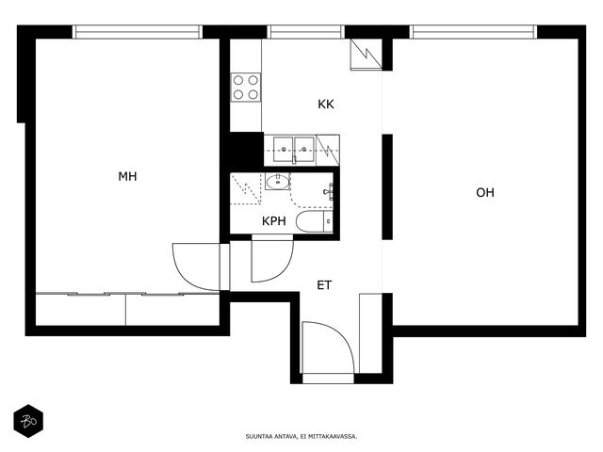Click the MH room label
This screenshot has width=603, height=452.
[127, 176]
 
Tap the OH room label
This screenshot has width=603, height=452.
[485, 192]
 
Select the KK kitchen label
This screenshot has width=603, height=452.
[326, 105]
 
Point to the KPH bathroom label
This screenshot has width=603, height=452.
[274, 221]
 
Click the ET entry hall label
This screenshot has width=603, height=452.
[324, 285]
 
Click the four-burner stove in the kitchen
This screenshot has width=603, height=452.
[246, 88]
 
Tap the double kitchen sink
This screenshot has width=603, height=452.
[294, 149]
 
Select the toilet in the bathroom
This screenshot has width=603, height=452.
[314, 222]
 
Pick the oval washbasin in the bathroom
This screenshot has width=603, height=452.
[278, 182]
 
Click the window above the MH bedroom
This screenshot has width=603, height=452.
[137, 32]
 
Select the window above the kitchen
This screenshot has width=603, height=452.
[305, 32]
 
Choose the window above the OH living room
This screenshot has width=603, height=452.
[473, 32]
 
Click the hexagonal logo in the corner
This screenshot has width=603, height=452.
[28, 421]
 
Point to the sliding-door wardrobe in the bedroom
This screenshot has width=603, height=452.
[127, 309]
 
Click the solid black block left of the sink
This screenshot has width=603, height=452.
[247, 149]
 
